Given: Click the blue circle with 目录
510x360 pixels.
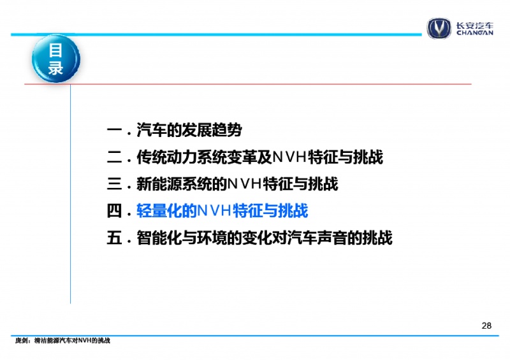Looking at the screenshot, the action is (x=56, y=59).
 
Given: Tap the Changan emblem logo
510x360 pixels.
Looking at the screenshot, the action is (x=439, y=28).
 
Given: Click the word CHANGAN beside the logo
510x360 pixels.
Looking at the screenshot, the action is (x=474, y=33).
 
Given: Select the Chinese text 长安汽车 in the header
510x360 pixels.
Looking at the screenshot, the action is (x=474, y=25).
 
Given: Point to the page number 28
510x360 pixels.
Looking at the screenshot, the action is (x=486, y=326).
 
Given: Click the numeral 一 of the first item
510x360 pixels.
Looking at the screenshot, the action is (x=115, y=131).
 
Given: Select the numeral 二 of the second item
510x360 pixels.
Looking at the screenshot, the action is (x=115, y=157).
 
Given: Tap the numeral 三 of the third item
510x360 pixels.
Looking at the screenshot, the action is (x=115, y=184).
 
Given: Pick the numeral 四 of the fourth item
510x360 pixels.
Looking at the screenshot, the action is (x=115, y=211).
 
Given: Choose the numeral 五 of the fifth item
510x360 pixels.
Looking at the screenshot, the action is (x=115, y=238).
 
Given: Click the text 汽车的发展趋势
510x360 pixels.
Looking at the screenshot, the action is (x=189, y=131).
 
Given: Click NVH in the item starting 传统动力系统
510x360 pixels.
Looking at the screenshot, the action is (x=289, y=157).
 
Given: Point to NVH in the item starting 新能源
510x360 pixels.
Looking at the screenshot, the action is (x=244, y=184).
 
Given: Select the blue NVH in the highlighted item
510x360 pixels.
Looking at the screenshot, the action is (x=214, y=211).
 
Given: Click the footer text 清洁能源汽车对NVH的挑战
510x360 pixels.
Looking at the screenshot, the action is (x=72, y=340).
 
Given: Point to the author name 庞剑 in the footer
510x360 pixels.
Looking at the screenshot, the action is (x=21, y=340).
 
